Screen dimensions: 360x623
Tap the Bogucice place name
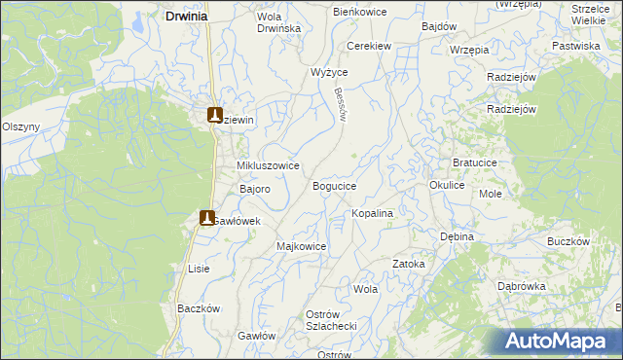coord(334,185)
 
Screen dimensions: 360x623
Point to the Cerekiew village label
coord(370,45)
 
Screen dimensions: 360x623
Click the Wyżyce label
coord(329,72)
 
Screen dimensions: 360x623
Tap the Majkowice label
coord(302,246)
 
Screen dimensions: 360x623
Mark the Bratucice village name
coord(477,162)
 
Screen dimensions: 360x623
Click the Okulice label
coord(447,184)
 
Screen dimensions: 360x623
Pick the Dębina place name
coord(457,236)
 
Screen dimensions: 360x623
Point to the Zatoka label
coord(409,264)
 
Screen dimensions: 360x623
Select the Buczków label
coord(569,240)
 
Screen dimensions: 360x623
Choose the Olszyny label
coord(20,126)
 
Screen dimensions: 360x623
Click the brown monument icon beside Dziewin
coord(215,115)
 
